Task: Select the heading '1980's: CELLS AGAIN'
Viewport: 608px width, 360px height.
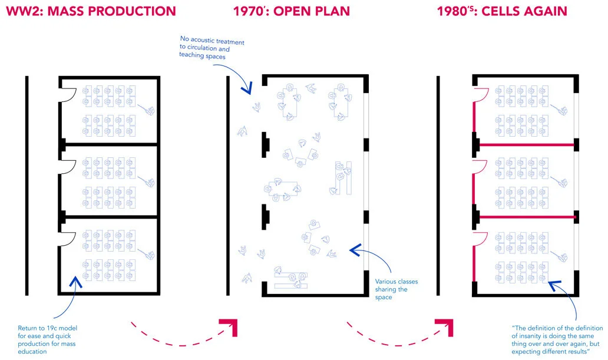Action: [x=501, y=11]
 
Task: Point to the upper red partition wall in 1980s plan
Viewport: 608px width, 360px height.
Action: [x=526, y=144]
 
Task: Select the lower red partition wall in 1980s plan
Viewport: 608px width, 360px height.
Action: [x=526, y=217]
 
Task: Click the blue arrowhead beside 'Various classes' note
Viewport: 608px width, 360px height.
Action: [x=355, y=250]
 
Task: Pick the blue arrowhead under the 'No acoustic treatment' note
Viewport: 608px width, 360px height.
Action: [x=247, y=89]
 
